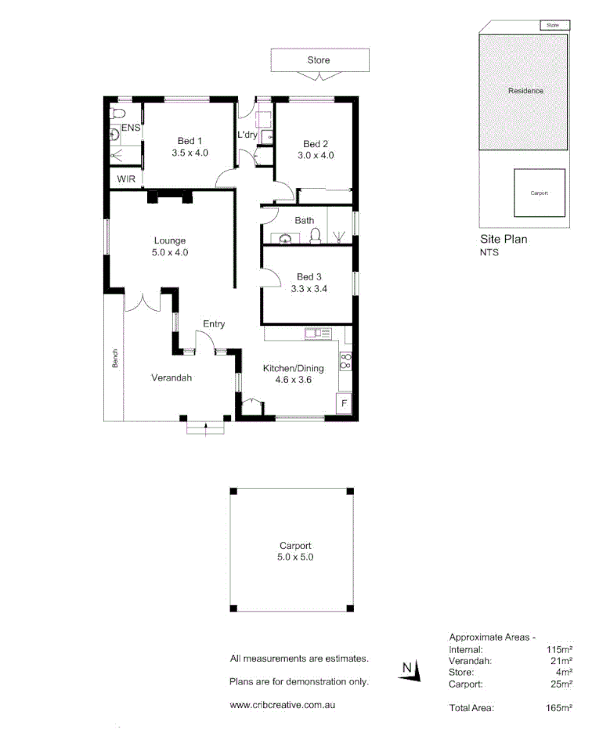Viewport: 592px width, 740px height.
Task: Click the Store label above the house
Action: (319, 60)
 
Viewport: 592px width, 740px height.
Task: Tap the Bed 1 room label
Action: (190, 141)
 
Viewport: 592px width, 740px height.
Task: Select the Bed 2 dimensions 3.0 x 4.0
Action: (315, 155)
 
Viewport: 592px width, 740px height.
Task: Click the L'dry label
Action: (247, 135)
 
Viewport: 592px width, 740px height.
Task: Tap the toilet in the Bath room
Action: (316, 236)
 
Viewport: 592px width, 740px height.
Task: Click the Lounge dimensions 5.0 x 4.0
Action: (170, 253)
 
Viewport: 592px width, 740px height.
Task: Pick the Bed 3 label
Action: (309, 276)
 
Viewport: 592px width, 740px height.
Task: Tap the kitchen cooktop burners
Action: (345, 361)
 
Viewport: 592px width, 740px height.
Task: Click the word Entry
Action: (214, 324)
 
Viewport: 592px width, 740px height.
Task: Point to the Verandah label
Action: (171, 377)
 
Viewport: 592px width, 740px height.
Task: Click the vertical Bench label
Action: (115, 359)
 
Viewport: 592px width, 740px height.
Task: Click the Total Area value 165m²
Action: (559, 708)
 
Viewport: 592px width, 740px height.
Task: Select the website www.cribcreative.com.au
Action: (283, 705)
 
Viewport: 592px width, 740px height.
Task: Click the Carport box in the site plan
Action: (539, 193)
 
